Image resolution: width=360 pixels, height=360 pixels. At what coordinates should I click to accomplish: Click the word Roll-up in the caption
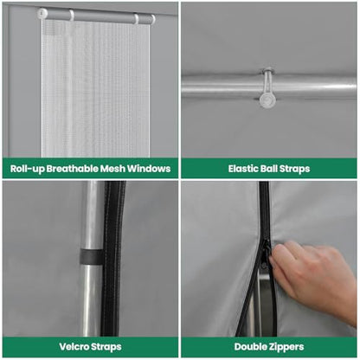click(28, 169)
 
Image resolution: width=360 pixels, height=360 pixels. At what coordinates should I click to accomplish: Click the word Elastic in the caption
click(243, 169)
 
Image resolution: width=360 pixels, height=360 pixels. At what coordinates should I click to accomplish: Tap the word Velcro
click(74, 347)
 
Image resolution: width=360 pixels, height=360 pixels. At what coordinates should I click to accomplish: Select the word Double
click(250, 347)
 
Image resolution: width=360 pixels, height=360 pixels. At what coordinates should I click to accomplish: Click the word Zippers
click(286, 347)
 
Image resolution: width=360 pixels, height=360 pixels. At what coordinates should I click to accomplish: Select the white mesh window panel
click(95, 88)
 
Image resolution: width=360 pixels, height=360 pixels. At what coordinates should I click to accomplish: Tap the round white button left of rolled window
click(42, 13)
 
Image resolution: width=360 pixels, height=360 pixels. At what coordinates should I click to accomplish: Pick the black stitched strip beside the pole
click(113, 258)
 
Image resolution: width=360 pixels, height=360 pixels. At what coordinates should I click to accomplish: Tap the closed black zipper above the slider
click(264, 210)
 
